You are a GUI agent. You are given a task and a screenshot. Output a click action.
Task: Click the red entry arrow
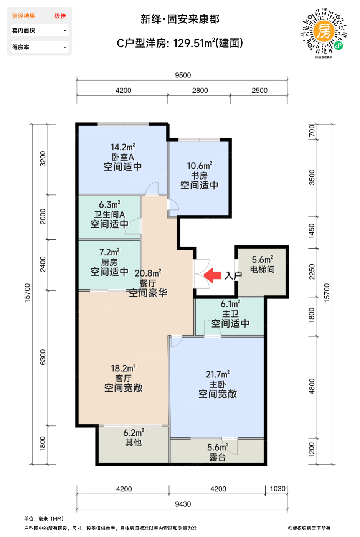(x=213, y=275)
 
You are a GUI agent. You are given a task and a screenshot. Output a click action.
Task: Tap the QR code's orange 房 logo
(x=324, y=31)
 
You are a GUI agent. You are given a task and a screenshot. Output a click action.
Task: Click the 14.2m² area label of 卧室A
(x=123, y=147)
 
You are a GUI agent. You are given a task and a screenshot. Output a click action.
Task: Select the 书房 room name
(x=199, y=176)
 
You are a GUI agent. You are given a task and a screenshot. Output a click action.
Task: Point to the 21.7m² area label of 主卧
(x=218, y=374)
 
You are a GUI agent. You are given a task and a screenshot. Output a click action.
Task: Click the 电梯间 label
(x=263, y=269)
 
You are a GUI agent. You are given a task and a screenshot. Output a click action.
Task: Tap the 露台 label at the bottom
(x=218, y=457)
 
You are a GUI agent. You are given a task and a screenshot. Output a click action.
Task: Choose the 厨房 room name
(x=109, y=262)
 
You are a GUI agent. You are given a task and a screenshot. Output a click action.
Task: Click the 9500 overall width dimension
(x=183, y=75)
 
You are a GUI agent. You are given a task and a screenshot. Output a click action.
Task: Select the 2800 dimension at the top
(x=200, y=91)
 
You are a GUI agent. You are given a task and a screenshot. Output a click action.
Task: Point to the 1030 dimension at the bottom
(x=277, y=489)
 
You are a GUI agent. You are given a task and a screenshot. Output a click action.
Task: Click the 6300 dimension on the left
(x=43, y=357)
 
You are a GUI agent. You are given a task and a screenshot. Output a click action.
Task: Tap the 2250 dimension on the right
(x=312, y=272)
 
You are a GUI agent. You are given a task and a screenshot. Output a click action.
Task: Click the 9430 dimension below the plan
(x=183, y=504)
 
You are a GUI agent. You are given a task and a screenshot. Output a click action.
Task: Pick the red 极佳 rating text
(x=60, y=16)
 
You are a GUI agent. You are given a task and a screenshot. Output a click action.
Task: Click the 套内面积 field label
(x=23, y=30)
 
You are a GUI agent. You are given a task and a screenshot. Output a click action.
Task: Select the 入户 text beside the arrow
(x=233, y=276)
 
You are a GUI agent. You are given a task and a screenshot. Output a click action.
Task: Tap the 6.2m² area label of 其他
(x=134, y=433)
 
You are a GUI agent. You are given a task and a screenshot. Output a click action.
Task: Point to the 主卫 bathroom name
(x=230, y=314)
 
